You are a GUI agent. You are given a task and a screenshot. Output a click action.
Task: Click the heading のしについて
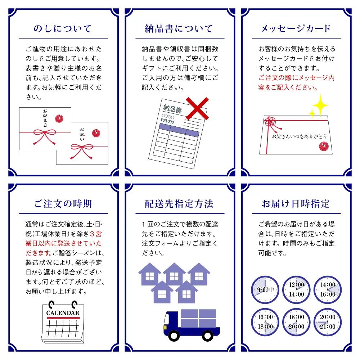[x=63, y=29]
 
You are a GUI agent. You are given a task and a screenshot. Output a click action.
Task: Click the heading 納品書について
[x=179, y=29]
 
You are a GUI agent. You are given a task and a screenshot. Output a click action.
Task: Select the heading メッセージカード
[x=295, y=29]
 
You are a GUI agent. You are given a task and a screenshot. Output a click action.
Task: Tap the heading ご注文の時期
[x=63, y=204]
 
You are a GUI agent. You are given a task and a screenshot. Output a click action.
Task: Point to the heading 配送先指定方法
[x=179, y=204]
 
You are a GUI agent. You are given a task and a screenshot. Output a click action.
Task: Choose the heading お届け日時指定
[x=295, y=204]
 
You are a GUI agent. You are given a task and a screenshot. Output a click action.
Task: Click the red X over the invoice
[x=197, y=108]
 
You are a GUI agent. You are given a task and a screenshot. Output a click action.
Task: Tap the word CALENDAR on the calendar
[x=63, y=313]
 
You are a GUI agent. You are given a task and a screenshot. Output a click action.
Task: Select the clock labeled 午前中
[x=265, y=289]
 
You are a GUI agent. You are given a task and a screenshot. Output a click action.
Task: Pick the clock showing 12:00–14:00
[x=296, y=289]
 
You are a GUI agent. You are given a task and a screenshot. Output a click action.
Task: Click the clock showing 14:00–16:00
[x=327, y=289]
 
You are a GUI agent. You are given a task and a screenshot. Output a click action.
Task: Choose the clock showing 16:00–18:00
[x=265, y=322]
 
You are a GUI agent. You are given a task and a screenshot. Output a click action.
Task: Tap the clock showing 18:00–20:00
[x=296, y=322]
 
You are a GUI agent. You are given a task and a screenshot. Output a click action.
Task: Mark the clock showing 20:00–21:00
[x=327, y=322]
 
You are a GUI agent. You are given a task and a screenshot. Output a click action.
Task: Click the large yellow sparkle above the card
[x=320, y=104]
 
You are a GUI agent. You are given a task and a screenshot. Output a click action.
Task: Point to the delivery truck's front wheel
[x=174, y=336]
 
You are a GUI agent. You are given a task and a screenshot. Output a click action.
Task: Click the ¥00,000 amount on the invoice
[x=167, y=122]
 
